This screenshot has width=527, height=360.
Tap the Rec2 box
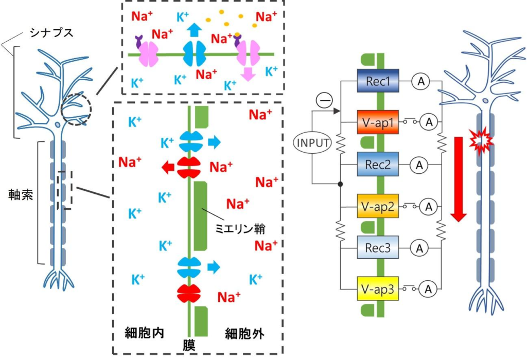point(379,165)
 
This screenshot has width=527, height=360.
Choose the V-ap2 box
point(379,207)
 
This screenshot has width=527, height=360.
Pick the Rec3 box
point(379,249)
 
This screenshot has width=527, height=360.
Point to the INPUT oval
point(312,142)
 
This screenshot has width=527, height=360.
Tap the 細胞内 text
point(145,332)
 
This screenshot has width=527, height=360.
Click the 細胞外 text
point(244,333)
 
